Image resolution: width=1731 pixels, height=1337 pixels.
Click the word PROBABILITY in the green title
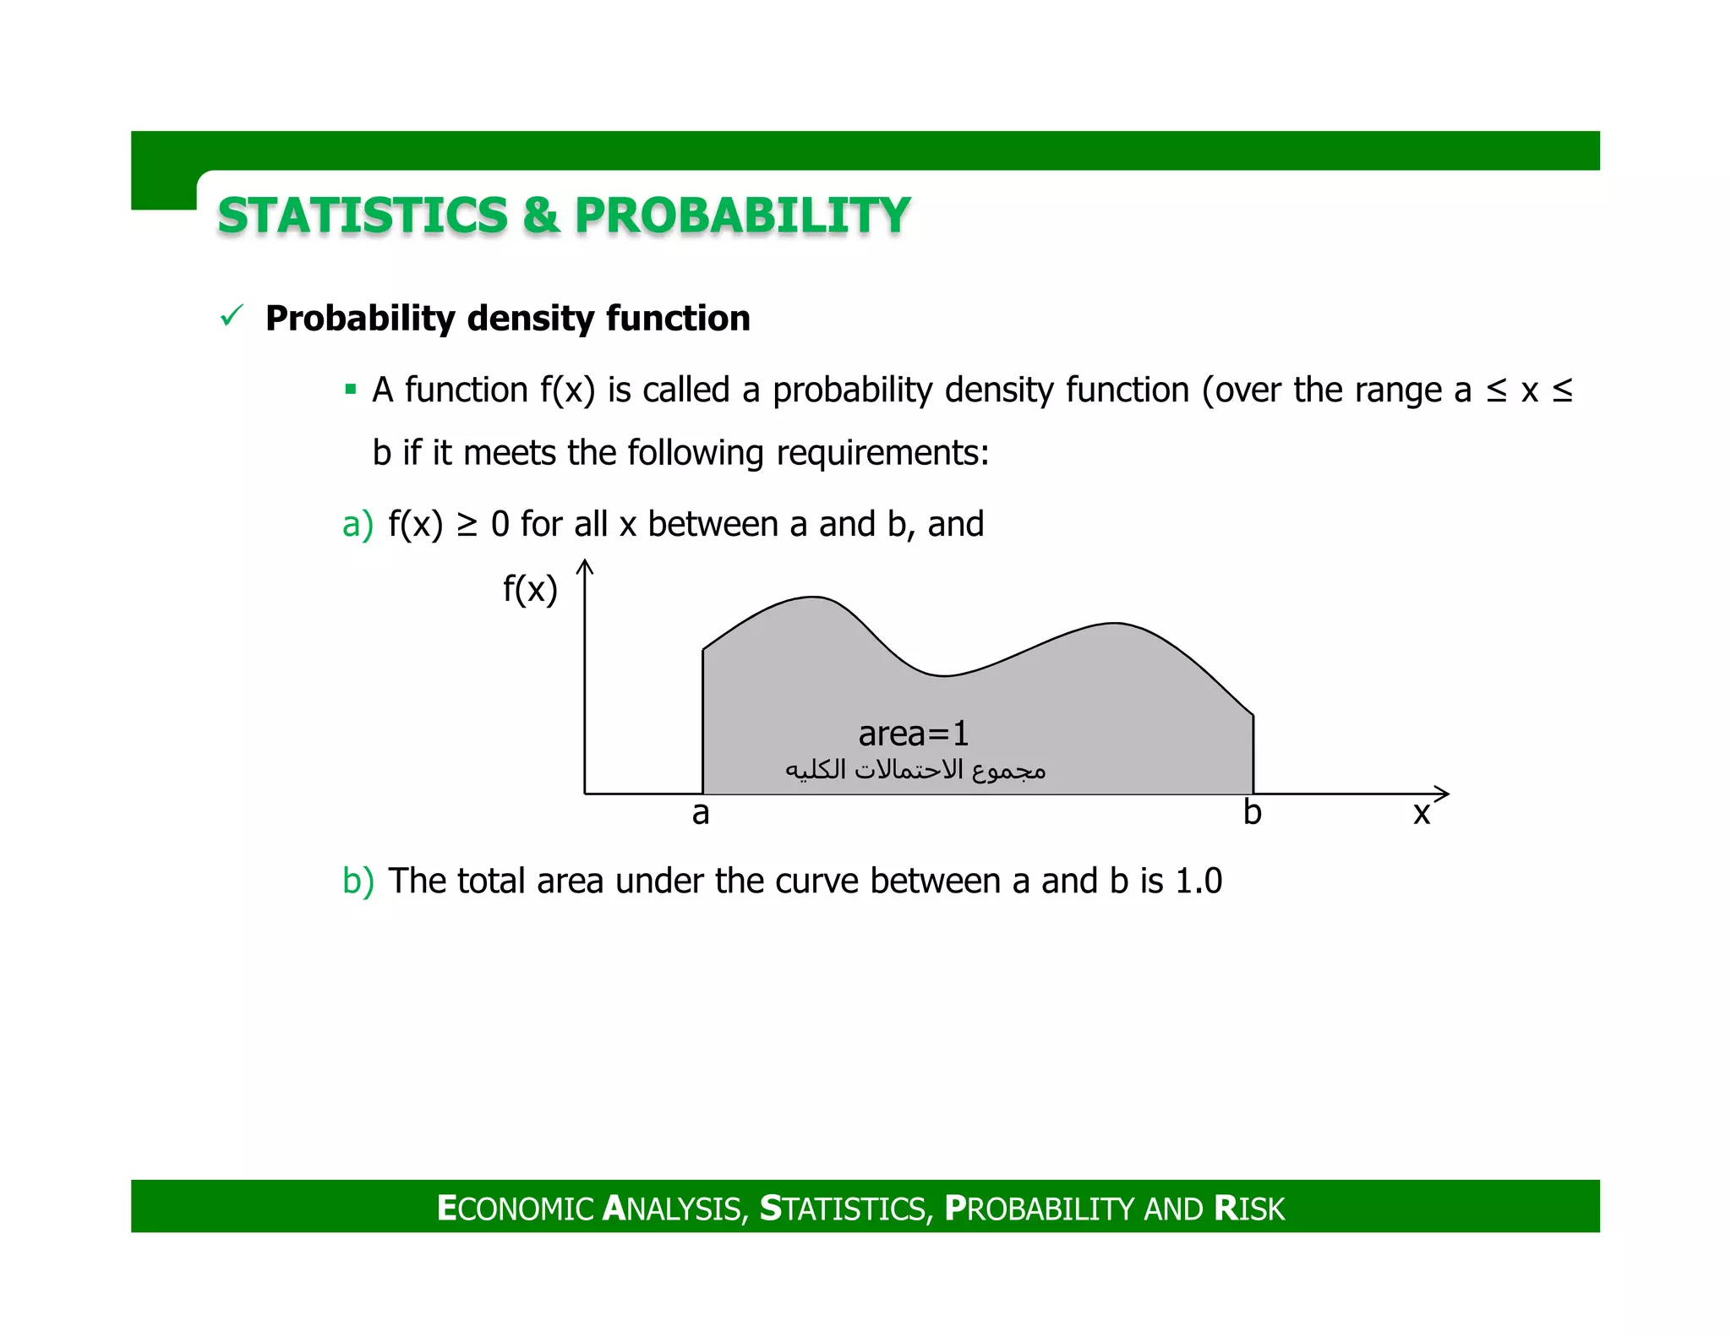tap(741, 215)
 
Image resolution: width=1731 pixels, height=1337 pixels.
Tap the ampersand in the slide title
tap(541, 215)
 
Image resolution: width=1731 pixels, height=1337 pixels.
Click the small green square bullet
tap(350, 390)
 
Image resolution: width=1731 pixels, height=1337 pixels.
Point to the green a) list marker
tap(357, 525)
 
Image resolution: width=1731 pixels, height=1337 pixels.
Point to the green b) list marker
tap(357, 881)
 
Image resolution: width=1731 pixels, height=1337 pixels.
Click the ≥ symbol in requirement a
tap(467, 525)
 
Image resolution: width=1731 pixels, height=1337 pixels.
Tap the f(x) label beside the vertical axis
tap(530, 589)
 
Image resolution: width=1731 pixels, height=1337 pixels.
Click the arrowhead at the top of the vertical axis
tap(585, 566)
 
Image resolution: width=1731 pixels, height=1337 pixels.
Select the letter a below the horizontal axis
tap(701, 814)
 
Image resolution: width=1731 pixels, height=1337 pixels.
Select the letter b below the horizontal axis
tap(1252, 813)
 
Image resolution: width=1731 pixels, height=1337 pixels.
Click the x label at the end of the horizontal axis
tap(1422, 814)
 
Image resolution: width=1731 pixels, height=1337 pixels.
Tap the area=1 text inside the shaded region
tap(914, 734)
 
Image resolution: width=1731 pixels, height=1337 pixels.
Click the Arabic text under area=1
tap(915, 770)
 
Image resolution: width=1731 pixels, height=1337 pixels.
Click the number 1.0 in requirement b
tap(1199, 881)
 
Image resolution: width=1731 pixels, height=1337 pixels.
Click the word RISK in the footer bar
tap(1249, 1209)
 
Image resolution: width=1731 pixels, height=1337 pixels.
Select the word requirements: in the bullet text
tap(882, 454)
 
